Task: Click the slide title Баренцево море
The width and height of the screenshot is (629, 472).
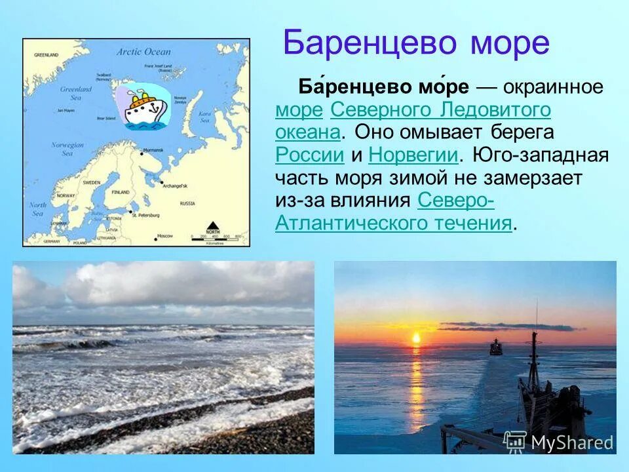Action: point(416,44)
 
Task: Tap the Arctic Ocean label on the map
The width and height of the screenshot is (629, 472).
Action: point(143,51)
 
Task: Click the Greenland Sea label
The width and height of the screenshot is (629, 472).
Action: point(76,93)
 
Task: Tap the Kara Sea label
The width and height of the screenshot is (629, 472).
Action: point(205,117)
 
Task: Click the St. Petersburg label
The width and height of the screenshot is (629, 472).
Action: point(146,215)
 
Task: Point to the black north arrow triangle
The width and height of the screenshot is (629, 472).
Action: point(213,225)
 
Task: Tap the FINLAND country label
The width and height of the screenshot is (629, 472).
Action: point(120,192)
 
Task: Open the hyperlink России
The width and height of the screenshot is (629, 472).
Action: point(310,155)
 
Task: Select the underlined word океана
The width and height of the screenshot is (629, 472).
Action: point(307,132)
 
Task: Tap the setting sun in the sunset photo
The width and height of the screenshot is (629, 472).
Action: point(415,338)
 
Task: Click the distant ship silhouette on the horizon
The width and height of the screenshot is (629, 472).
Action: point(496,347)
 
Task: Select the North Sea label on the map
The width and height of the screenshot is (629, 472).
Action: point(37,208)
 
